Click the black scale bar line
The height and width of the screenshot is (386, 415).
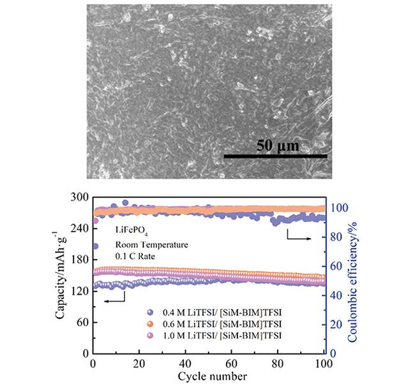[x=275, y=155]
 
